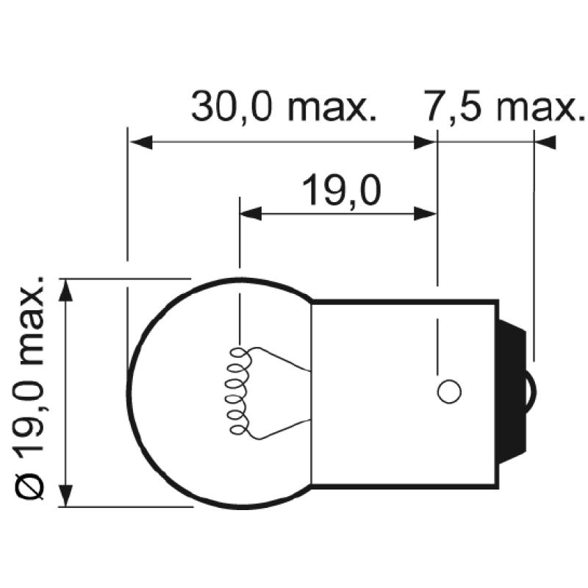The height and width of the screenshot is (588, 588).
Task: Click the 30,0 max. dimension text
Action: tap(284, 107)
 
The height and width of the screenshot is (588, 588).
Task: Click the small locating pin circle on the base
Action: tap(448, 391)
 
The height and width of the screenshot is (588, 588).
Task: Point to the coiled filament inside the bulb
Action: tap(238, 390)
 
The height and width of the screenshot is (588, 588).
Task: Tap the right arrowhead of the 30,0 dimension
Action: tap(425, 143)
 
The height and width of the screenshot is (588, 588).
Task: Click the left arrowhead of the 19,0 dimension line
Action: tap(251, 214)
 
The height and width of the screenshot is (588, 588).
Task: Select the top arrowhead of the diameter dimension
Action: tap(66, 290)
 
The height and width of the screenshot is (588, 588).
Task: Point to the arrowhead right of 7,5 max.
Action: tap(545, 143)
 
